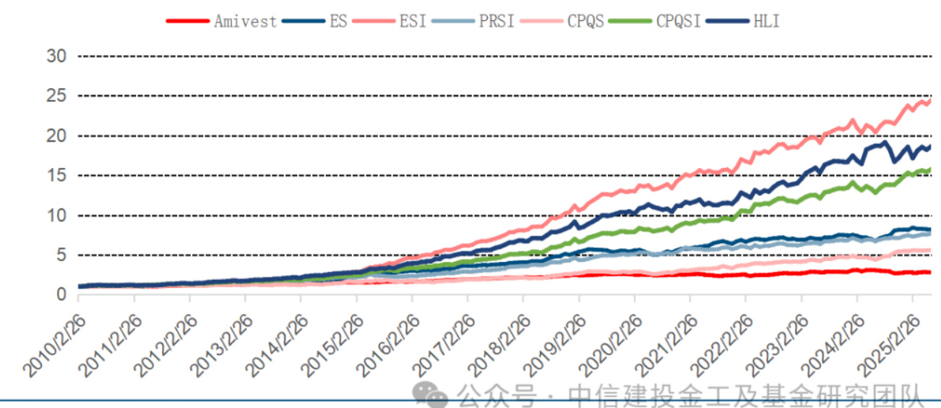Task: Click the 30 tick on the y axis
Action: (56, 56)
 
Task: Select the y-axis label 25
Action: (56, 96)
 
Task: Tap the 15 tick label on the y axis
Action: (56, 176)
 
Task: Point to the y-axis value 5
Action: (61, 255)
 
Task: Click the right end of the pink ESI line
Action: (929, 101)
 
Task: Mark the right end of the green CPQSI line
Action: (929, 169)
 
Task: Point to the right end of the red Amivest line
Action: (929, 272)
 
